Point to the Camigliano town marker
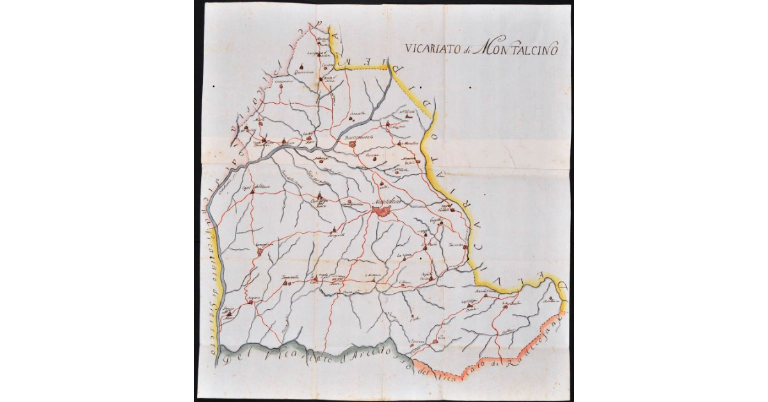tap(260, 252)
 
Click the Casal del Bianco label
tap(252, 188)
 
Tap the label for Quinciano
tap(301, 72)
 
